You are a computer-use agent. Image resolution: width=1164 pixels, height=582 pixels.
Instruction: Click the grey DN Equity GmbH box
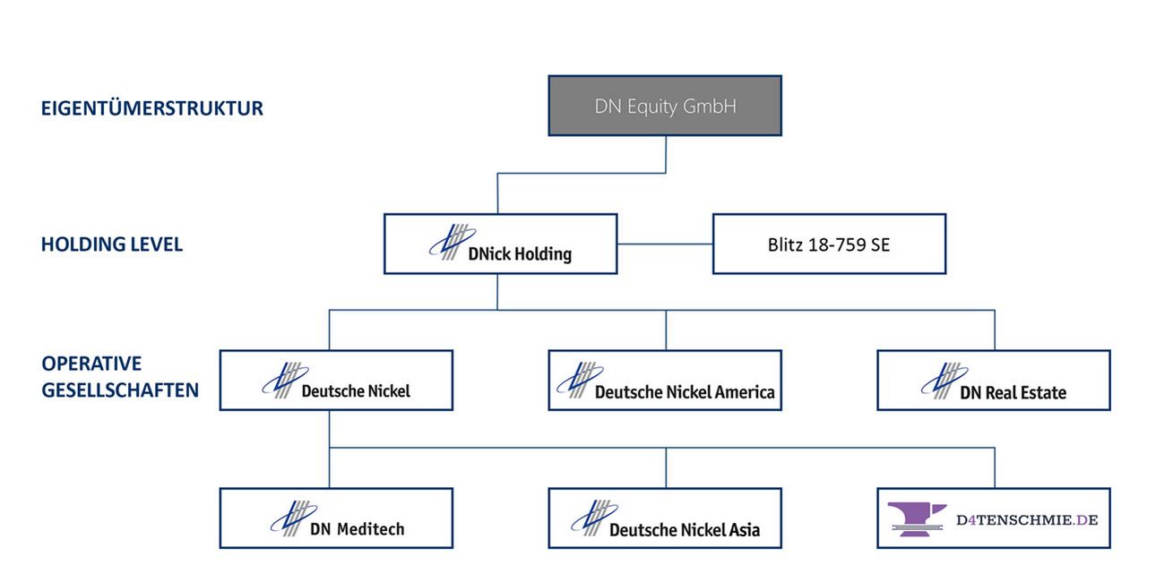(665, 106)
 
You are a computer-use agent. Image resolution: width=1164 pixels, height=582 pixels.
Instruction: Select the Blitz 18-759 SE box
(829, 244)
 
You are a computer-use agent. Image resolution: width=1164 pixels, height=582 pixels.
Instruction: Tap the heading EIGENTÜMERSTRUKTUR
(151, 108)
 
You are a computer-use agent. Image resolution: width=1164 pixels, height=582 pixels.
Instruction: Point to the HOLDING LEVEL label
(112, 244)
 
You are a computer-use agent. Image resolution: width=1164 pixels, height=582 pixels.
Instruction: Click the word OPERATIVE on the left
(91, 364)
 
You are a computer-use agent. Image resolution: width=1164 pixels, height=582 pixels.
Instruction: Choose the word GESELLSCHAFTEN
(120, 389)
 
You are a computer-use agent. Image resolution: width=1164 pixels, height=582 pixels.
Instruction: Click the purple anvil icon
(917, 519)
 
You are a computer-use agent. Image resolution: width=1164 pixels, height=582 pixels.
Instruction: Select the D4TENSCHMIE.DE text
(1027, 519)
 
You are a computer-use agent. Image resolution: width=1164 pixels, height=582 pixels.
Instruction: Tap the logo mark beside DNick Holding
(452, 242)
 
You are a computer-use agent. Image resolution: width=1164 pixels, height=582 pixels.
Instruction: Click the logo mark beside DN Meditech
(294, 518)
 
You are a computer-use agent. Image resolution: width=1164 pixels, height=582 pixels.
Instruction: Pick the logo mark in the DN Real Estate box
(944, 381)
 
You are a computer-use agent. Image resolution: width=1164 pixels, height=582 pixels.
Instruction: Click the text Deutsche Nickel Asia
(685, 529)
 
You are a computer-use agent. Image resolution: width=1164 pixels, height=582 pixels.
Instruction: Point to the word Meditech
(370, 529)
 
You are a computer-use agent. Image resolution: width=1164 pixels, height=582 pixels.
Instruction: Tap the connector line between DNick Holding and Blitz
(665, 244)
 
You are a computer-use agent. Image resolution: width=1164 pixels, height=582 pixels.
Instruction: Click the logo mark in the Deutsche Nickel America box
(580, 380)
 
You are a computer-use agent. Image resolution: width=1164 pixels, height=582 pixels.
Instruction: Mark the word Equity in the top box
(652, 107)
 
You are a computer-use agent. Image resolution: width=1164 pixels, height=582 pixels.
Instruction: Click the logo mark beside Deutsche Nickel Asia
(594, 518)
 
